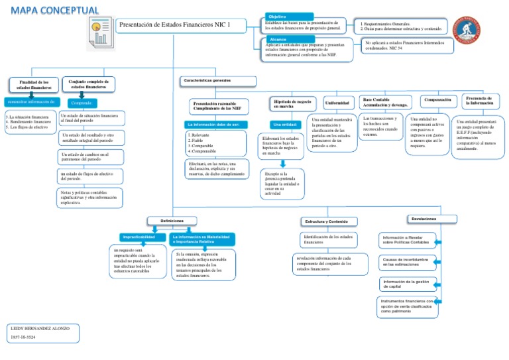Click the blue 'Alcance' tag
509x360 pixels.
(x=278, y=40)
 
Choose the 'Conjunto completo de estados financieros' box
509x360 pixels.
(x=88, y=84)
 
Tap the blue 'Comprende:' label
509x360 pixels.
(x=81, y=103)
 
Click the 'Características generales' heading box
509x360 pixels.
(x=217, y=81)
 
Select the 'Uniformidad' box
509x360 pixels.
(x=338, y=103)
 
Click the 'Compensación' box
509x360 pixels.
(x=437, y=100)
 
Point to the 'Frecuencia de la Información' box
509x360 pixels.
(x=479, y=101)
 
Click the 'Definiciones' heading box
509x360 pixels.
(x=172, y=220)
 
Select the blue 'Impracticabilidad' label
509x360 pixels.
(x=139, y=237)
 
